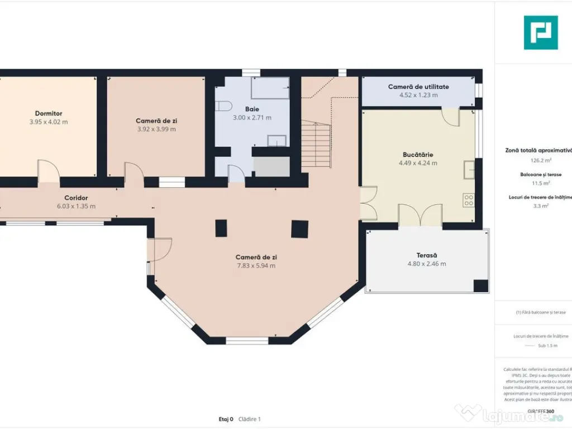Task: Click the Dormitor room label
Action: (x=49, y=113)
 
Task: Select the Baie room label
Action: (x=252, y=109)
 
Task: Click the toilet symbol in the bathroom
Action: (x=223, y=106)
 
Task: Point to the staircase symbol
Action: (x=316, y=145)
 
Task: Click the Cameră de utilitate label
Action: (x=418, y=87)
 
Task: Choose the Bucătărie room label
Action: (x=418, y=154)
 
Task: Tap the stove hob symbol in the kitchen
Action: (x=469, y=199)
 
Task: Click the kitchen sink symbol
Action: (x=469, y=168)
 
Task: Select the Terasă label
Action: (x=427, y=255)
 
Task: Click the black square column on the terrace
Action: (x=481, y=285)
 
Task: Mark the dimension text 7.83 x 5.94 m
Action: (x=256, y=265)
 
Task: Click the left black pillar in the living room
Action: (x=221, y=228)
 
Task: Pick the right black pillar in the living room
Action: (x=299, y=228)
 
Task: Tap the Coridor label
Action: (x=76, y=198)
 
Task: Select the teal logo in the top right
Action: (x=541, y=32)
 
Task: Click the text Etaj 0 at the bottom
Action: (x=226, y=419)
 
